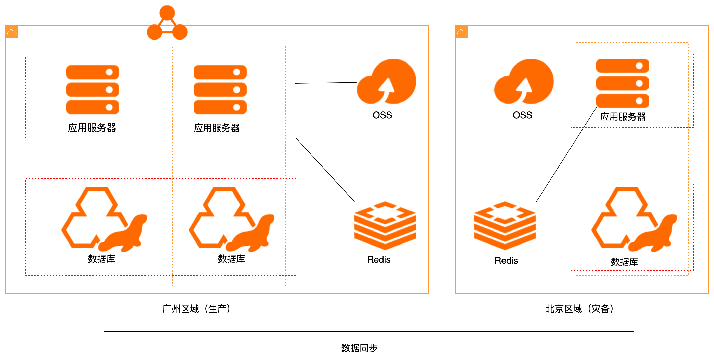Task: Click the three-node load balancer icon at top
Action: [x=167, y=23]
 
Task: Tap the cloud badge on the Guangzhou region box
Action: [x=12, y=32]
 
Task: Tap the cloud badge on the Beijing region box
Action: [x=462, y=32]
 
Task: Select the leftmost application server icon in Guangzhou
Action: [x=92, y=89]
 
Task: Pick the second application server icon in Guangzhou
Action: [x=220, y=89]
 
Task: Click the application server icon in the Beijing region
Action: [x=623, y=83]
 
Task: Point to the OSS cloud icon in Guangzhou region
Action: [x=386, y=81]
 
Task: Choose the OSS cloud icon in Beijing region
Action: [x=524, y=81]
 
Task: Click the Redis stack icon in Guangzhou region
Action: [x=385, y=225]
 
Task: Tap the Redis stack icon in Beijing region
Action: [x=505, y=225]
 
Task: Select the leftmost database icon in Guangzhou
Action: [x=104, y=219]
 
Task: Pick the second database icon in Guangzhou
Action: [x=231, y=219]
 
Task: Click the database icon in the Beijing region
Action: [x=634, y=219]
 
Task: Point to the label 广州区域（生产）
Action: [x=196, y=309]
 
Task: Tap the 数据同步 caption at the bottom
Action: [x=359, y=348]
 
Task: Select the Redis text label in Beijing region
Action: [x=506, y=260]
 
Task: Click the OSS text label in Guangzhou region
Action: [x=382, y=115]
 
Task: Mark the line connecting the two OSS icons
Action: [x=455, y=82]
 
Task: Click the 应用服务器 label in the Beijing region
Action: [x=623, y=117]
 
